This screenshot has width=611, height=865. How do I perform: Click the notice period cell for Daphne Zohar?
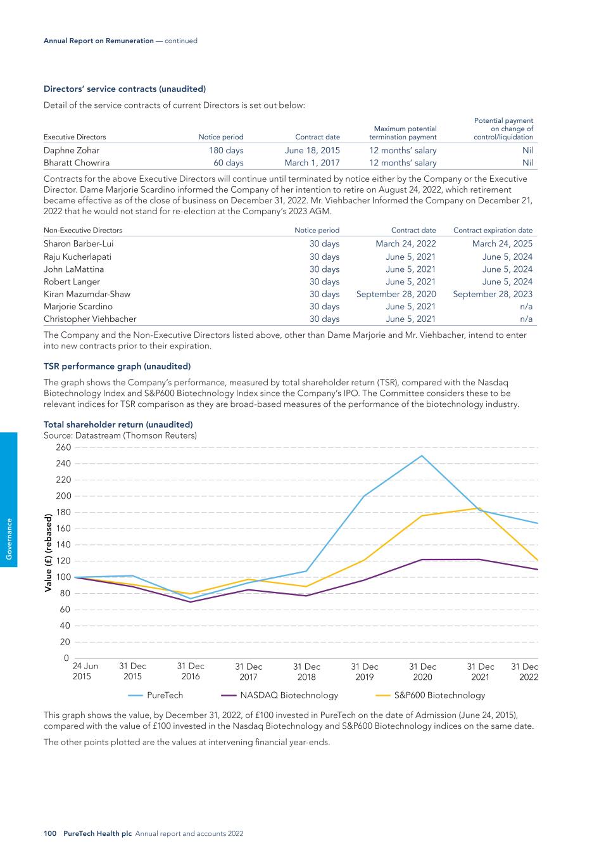pos(226,151)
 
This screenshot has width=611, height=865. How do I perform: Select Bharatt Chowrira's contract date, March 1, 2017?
pos(312,163)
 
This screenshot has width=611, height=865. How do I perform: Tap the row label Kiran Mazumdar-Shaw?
pos(87,294)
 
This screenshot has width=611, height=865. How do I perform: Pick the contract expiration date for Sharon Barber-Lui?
pos(502,244)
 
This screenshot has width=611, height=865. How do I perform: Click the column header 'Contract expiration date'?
pos(493,231)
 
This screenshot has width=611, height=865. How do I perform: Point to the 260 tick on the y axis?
pos(63,447)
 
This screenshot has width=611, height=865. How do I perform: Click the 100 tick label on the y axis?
pos(63,577)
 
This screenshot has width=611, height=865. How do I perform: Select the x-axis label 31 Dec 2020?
pos(422,672)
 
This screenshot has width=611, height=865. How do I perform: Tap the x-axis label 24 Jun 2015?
pos(85,671)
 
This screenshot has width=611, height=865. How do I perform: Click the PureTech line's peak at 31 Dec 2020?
pos(422,456)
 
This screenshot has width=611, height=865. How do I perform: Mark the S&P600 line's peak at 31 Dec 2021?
pos(480,508)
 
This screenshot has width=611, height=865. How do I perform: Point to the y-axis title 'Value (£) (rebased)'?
pos(48,552)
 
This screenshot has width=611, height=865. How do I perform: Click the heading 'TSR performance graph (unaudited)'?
pos(117,366)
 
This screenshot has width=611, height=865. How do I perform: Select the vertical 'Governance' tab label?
pos(9,539)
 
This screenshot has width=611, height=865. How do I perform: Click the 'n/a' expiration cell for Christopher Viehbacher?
pos(526,319)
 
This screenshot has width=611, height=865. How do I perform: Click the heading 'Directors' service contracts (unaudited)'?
pos(125,89)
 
